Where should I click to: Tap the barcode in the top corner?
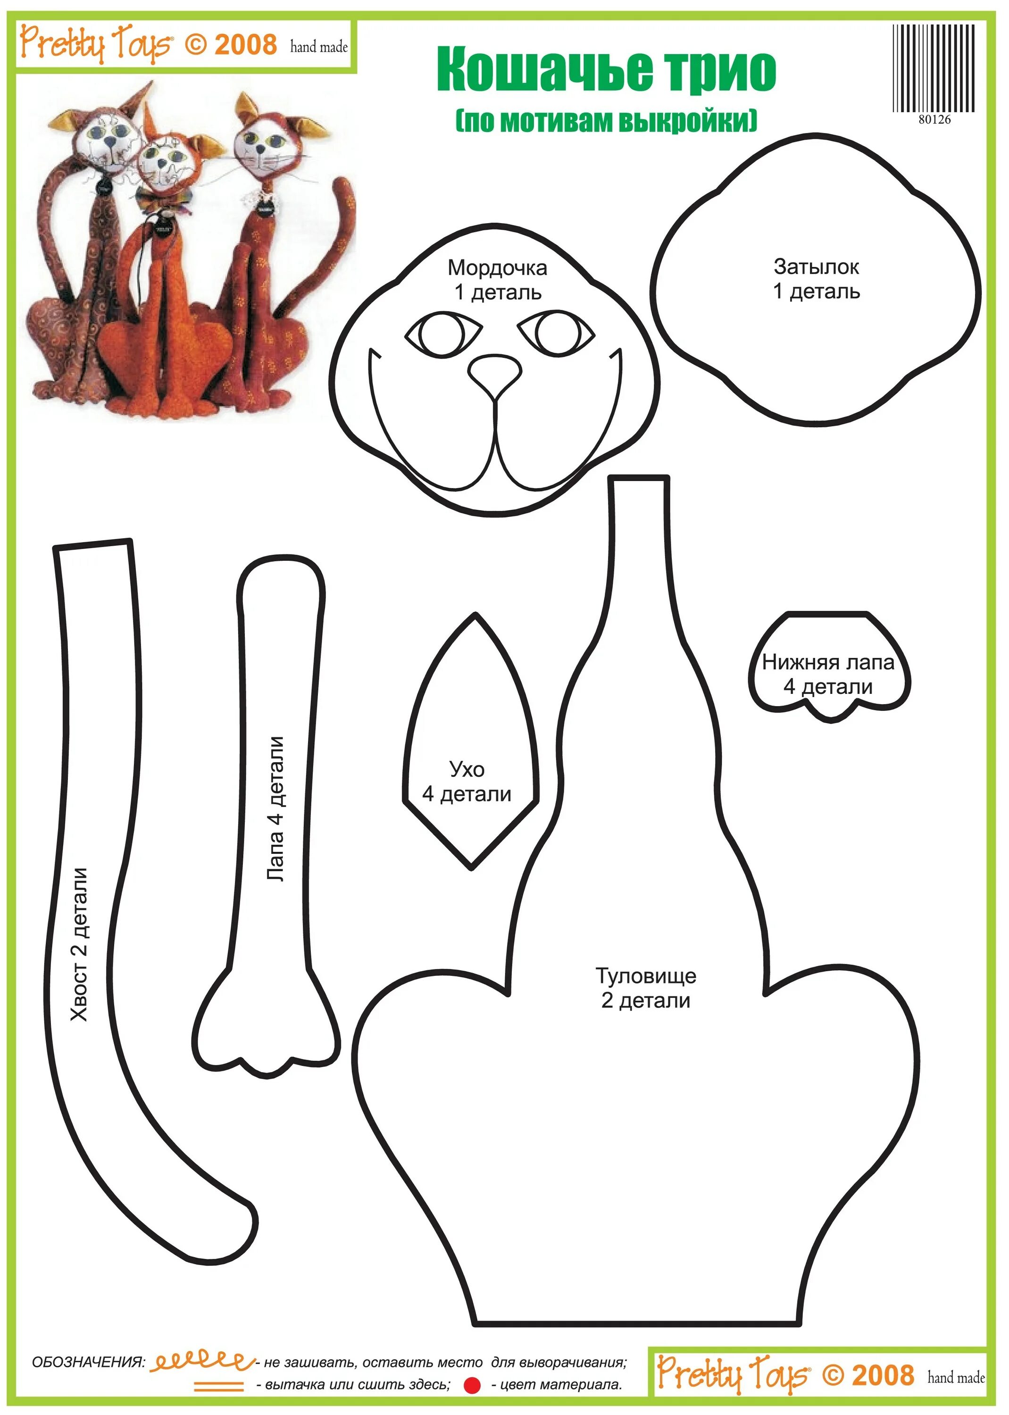[x=933, y=68]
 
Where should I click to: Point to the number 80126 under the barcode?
[x=934, y=120]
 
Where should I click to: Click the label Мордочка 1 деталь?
[x=497, y=280]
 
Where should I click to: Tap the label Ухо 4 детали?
[x=467, y=782]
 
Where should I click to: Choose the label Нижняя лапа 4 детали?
[x=828, y=674]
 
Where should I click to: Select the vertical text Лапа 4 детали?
[x=275, y=808]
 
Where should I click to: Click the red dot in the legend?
[x=472, y=1385]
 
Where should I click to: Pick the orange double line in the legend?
[x=219, y=1386]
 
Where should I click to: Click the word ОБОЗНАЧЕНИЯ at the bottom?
[x=88, y=1362]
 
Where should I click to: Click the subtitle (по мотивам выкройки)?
[x=607, y=120]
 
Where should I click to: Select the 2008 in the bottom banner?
[x=882, y=1376]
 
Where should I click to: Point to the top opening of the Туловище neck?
[x=639, y=479]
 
